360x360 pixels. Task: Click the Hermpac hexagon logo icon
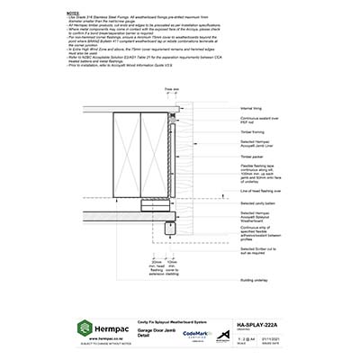tap(85, 328)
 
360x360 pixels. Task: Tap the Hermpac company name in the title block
tap(115, 328)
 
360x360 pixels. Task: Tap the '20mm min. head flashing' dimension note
tap(181, 266)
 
